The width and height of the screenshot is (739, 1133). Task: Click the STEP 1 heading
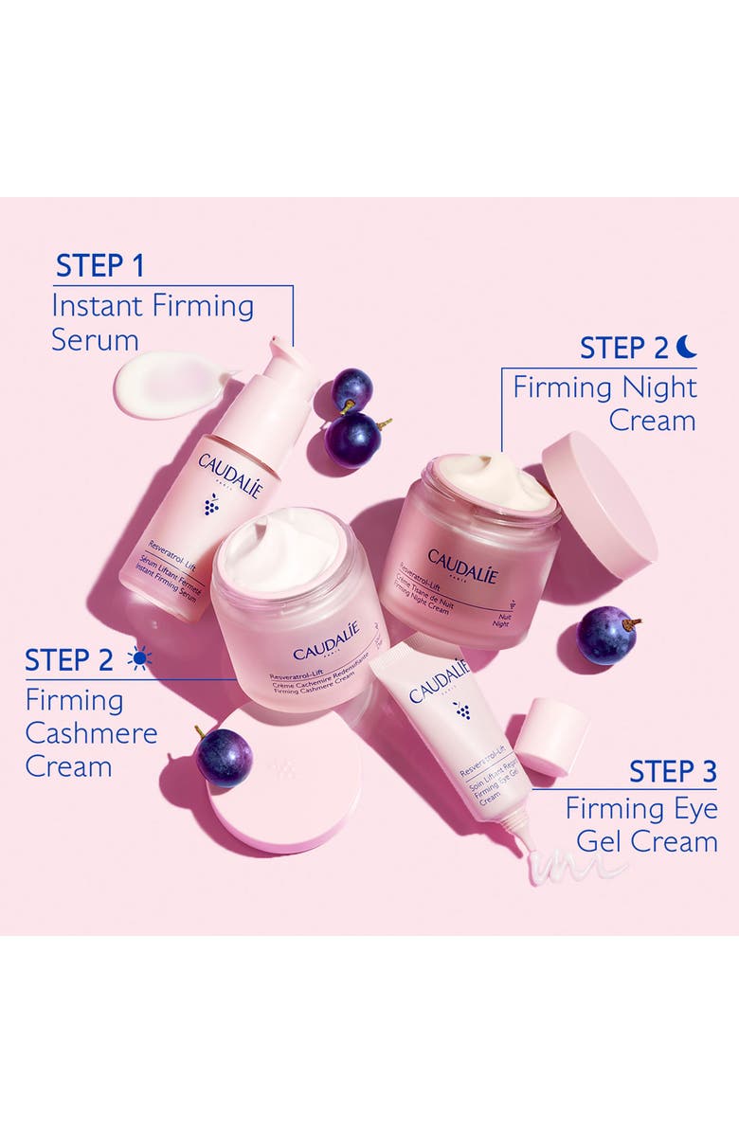point(99,266)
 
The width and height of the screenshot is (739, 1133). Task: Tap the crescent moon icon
point(687,347)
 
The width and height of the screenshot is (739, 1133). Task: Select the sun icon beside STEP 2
point(139,658)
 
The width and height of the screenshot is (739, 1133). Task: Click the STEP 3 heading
point(673,772)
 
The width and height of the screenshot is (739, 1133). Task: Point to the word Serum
point(95,340)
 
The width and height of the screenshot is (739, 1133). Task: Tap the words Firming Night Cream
point(604,404)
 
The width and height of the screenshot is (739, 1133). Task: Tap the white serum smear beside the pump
point(171,384)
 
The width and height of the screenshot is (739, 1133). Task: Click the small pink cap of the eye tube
point(551,735)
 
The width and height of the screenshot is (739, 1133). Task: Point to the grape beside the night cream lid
point(606,635)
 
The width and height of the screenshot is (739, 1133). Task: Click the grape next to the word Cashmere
point(224,756)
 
